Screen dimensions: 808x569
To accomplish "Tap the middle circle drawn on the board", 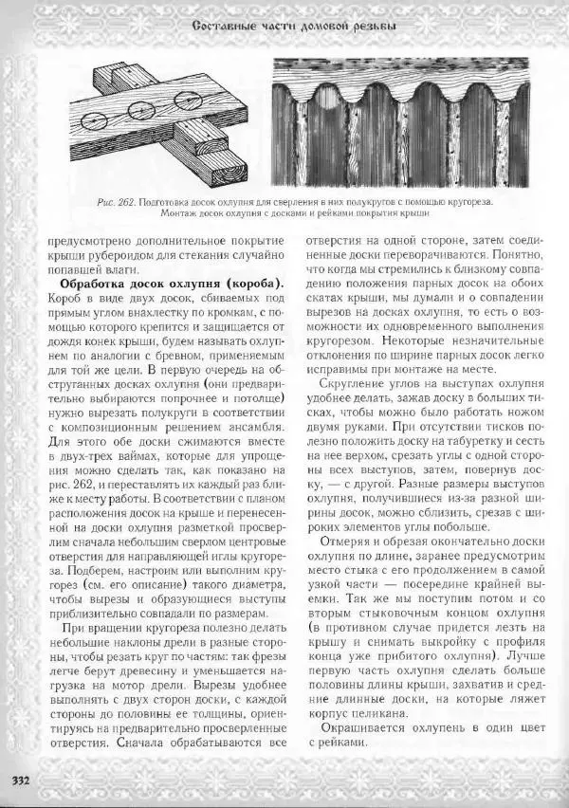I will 138,106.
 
